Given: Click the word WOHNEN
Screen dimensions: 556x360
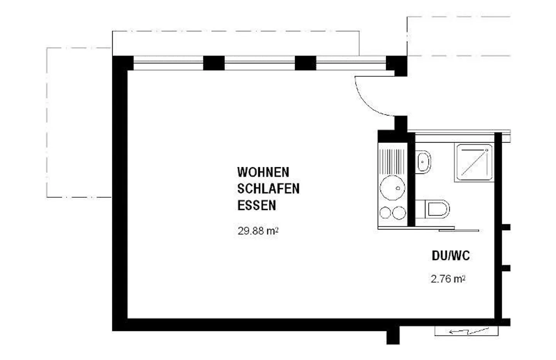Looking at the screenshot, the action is click(263, 172).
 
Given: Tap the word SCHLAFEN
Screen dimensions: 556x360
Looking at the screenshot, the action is click(268, 188).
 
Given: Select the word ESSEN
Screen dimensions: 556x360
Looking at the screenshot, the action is click(257, 205).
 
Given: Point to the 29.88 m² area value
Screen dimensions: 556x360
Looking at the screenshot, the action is click(258, 231).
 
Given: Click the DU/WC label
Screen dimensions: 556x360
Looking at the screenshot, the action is click(451, 256).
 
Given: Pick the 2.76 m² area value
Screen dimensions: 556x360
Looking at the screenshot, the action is click(448, 279).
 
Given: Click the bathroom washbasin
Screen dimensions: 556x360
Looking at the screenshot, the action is click(423, 162).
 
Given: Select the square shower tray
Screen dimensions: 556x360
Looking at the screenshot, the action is click(474, 163).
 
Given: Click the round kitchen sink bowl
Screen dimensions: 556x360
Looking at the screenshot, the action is click(392, 188).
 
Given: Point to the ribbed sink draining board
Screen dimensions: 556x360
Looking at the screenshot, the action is click(392, 161).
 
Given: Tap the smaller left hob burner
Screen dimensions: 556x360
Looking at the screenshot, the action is click(385, 213).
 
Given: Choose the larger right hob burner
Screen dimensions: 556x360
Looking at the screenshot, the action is click(399, 213).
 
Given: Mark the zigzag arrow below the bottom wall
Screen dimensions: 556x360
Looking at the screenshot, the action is click(469, 331).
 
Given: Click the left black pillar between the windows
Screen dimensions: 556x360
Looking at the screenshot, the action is click(214, 63).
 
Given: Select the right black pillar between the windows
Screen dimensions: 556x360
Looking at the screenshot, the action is click(305, 63).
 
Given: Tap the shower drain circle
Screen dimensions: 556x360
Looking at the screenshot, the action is click(487, 150).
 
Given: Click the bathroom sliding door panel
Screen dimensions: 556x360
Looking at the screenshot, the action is click(459, 231).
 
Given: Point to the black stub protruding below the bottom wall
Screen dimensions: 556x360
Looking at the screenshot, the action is click(393, 337).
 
